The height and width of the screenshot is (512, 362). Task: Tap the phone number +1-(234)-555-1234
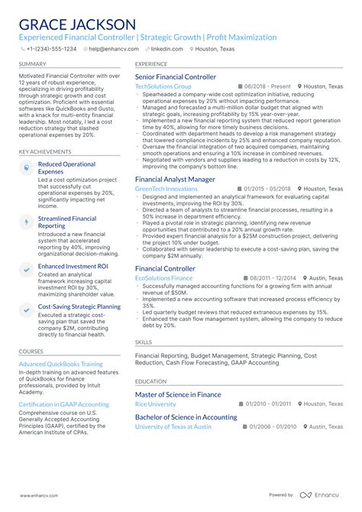pyautogui.click(x=53, y=48)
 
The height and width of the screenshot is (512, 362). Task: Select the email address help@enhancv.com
pyautogui.click(x=112, y=48)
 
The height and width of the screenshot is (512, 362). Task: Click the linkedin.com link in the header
pyautogui.click(x=167, y=48)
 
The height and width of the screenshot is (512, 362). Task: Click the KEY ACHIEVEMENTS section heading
pyautogui.click(x=45, y=151)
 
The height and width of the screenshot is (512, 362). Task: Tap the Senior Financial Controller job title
pyautogui.click(x=175, y=77)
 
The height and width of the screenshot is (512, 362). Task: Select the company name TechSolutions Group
pyautogui.click(x=163, y=87)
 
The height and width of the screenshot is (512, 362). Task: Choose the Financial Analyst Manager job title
pyautogui.click(x=175, y=179)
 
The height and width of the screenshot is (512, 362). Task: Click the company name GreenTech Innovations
pyautogui.click(x=166, y=188)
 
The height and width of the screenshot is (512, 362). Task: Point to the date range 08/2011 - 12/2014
pyautogui.click(x=271, y=278)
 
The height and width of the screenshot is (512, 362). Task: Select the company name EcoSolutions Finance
pyautogui.click(x=165, y=278)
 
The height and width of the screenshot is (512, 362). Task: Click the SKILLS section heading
pyautogui.click(x=144, y=342)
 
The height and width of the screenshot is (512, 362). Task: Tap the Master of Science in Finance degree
pyautogui.click(x=178, y=394)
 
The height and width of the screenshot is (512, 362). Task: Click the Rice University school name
pyautogui.click(x=155, y=403)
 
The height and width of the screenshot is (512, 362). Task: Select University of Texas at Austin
pyautogui.click(x=173, y=426)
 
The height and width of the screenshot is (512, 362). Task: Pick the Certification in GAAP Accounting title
pyautogui.click(x=63, y=403)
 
